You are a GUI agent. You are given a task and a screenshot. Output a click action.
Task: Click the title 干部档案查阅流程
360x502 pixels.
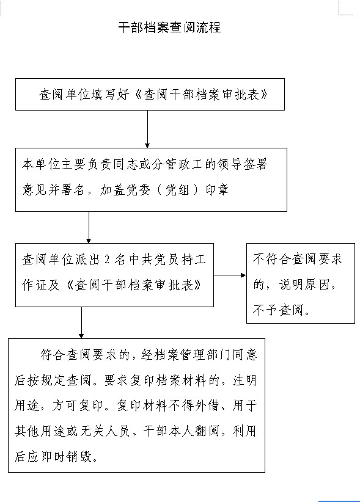169,27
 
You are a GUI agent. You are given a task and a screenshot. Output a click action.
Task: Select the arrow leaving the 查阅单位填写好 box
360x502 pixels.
147,129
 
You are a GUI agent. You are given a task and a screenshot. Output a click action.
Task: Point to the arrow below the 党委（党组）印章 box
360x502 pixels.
89,227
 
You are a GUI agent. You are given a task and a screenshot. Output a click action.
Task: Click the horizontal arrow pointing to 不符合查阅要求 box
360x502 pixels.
230,275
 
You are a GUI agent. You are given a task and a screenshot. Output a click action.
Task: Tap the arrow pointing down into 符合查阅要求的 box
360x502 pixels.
81,322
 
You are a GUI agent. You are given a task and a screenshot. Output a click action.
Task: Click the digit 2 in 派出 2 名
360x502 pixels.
107,260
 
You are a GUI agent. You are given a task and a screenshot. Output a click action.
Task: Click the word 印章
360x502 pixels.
217,190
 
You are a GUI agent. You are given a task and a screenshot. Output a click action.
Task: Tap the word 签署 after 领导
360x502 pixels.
255,164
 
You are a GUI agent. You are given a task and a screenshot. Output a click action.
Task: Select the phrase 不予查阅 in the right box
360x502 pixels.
277,310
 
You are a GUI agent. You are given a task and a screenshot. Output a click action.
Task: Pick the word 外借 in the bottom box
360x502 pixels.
207,406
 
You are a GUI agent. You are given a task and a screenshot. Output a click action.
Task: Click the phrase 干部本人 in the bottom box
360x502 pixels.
168,431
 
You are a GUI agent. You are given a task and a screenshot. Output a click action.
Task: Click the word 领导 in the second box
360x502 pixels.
229,164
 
